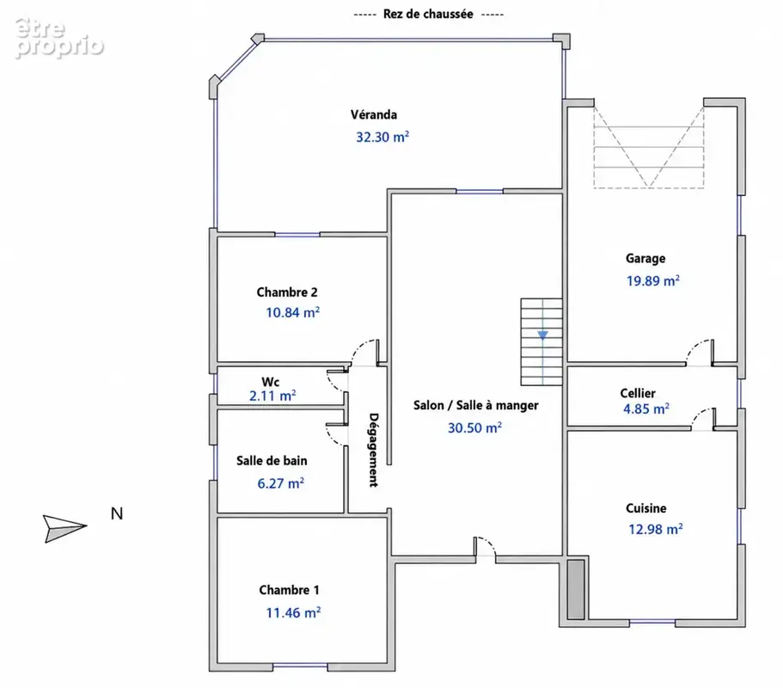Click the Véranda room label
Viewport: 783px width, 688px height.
click(x=374, y=114)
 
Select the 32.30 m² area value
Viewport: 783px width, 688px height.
click(x=382, y=137)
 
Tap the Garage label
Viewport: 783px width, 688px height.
click(x=645, y=258)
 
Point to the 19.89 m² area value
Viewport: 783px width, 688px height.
click(x=653, y=280)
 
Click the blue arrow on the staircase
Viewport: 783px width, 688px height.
click(x=543, y=335)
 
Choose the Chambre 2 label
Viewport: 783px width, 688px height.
click(x=287, y=292)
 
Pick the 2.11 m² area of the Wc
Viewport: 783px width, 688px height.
click(x=272, y=396)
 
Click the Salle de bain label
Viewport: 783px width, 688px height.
click(x=272, y=461)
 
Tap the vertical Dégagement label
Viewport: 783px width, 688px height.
click(x=374, y=450)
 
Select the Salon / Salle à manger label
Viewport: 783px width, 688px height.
click(x=476, y=405)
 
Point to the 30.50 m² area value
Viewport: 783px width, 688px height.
click(x=474, y=427)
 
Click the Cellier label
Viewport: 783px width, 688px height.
click(x=638, y=393)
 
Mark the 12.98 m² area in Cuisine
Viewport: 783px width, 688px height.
click(x=656, y=529)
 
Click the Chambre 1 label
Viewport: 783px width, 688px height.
click(x=289, y=590)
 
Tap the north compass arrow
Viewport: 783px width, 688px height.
click(x=65, y=528)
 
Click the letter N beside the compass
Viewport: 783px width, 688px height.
click(x=117, y=513)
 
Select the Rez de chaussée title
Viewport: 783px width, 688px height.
click(x=428, y=14)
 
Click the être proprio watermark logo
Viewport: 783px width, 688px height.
click(x=59, y=38)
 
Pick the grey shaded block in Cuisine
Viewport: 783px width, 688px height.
click(x=576, y=589)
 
